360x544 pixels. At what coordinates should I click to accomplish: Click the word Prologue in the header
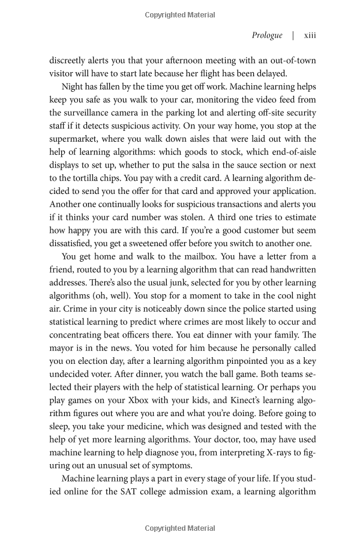267,35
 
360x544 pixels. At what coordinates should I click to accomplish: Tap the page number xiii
310,35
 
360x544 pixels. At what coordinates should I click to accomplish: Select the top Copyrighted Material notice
179,13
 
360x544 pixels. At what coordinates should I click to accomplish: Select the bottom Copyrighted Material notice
179,528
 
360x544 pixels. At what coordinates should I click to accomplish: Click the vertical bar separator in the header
293,35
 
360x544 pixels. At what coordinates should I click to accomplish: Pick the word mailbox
180,256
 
